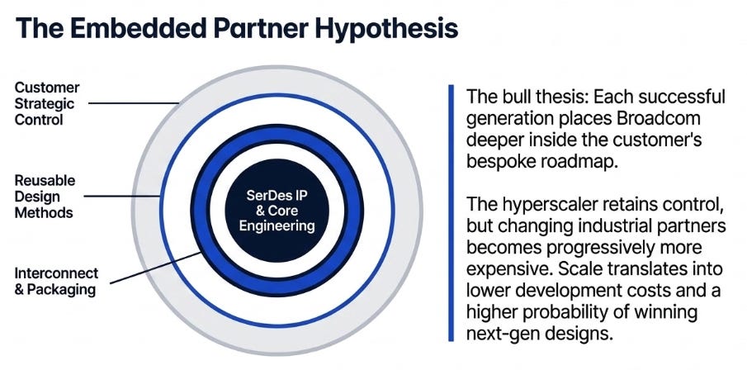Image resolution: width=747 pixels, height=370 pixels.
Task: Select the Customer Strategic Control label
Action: click(47, 103)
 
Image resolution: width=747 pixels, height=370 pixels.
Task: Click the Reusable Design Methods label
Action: click(45, 197)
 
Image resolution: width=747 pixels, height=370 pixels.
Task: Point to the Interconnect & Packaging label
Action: click(56, 282)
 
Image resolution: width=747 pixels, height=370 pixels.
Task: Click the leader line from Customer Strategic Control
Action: click(134, 103)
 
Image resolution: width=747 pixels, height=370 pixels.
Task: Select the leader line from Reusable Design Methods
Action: click(122, 196)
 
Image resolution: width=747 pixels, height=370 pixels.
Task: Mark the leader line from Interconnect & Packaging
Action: click(155, 268)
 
